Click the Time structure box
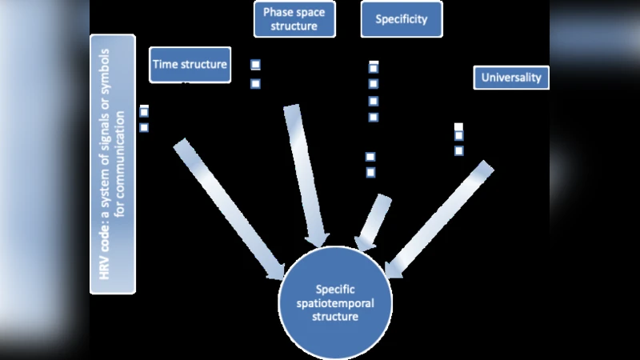[190, 65]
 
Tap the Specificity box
[401, 19]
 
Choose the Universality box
[510, 78]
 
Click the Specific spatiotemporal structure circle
[335, 302]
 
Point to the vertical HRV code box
[113, 164]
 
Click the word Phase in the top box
[277, 12]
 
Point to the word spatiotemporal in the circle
[335, 303]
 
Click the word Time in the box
[168, 65]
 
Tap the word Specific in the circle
[335, 290]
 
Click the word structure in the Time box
[204, 65]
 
